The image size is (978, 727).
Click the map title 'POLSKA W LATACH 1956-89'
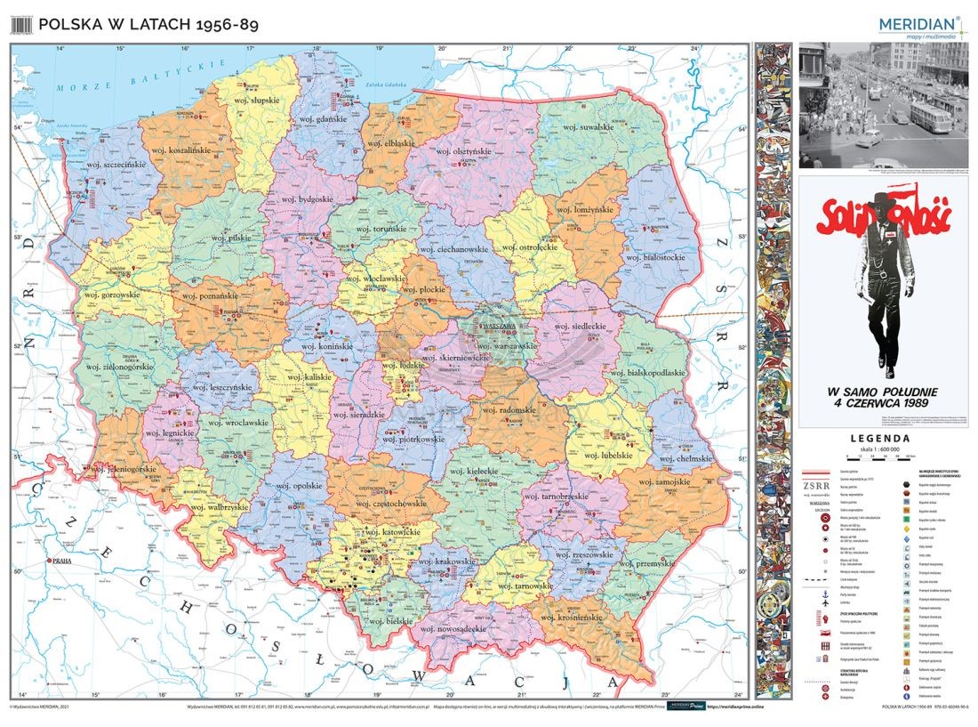pos(148,25)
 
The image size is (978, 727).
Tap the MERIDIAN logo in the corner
pos(918,25)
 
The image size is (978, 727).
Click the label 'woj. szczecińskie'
pos(115,165)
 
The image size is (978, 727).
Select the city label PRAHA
pos(62,561)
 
